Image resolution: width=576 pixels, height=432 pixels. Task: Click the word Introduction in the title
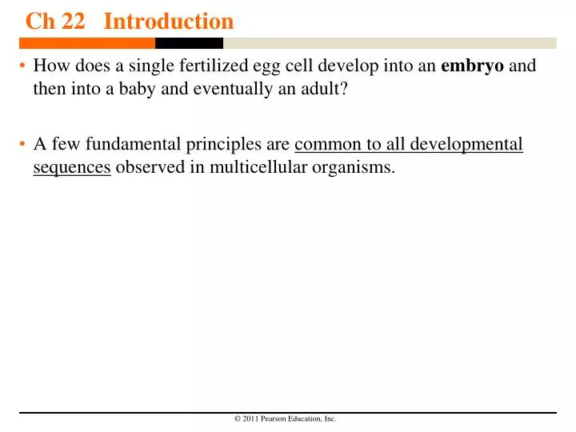(x=168, y=21)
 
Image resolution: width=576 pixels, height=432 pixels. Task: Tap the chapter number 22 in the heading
(x=73, y=21)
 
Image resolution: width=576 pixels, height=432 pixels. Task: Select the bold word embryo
(x=472, y=66)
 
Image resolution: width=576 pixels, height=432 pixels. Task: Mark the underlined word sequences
(x=71, y=169)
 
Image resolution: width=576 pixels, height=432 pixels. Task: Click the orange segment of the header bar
(x=87, y=43)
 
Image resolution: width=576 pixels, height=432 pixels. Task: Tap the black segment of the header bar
(x=189, y=43)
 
